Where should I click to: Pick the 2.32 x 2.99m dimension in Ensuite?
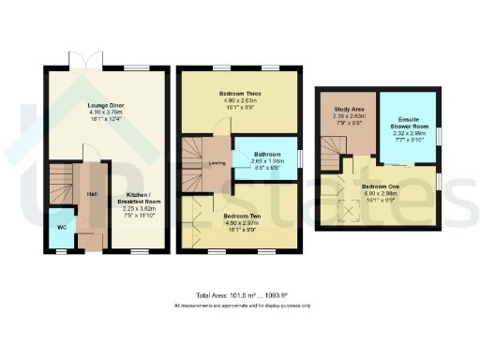(406, 134)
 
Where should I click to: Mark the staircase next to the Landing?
(194, 150)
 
